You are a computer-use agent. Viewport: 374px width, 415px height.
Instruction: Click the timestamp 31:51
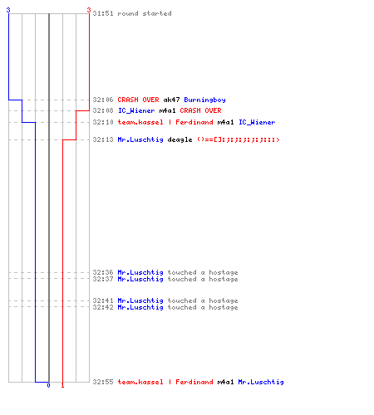click(103, 13)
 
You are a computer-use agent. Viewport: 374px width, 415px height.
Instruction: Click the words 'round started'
click(145, 13)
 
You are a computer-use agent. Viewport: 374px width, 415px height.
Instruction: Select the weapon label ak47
click(171, 100)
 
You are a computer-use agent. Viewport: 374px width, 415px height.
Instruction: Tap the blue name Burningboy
click(204, 100)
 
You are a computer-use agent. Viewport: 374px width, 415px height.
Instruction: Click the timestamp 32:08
click(103, 110)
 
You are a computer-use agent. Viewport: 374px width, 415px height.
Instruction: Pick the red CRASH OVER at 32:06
click(138, 100)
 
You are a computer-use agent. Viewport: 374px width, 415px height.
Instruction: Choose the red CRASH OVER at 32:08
click(200, 110)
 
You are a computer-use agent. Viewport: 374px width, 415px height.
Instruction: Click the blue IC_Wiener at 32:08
click(136, 110)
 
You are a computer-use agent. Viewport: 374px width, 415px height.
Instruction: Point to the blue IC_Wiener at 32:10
click(257, 122)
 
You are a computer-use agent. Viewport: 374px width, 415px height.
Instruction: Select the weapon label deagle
click(180, 139)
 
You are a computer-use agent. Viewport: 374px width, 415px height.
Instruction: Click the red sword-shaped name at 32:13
click(239, 139)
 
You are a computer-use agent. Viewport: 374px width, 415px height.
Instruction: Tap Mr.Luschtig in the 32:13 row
click(140, 139)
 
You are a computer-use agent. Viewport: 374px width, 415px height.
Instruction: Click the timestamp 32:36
click(103, 272)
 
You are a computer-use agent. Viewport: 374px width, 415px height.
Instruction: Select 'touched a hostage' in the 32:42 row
click(203, 307)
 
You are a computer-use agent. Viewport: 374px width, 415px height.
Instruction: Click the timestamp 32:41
click(103, 300)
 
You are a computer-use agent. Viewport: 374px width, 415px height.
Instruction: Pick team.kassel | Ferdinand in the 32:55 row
click(165, 382)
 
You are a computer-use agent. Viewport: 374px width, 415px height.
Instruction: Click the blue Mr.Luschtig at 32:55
click(261, 382)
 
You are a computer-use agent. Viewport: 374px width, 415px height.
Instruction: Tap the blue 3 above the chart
click(8, 10)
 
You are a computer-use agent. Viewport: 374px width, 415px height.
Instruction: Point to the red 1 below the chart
click(62, 385)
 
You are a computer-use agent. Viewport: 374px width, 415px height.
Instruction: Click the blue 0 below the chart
click(48, 385)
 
